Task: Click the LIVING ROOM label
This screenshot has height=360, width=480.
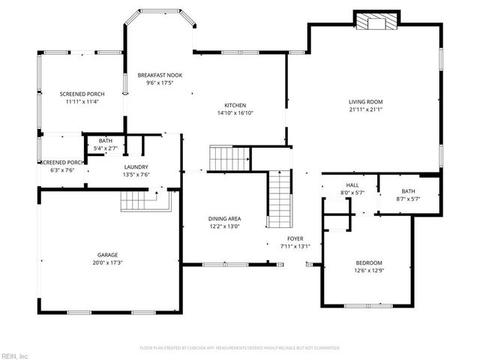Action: (x=365, y=101)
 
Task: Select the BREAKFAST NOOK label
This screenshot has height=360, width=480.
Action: (x=159, y=75)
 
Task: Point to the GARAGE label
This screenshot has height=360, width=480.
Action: (x=106, y=255)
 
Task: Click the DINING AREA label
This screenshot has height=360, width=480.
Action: (x=224, y=219)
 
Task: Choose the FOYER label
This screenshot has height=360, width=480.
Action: (x=295, y=238)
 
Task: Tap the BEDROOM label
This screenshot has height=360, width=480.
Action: (x=369, y=262)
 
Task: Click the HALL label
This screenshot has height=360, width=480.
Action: (x=352, y=185)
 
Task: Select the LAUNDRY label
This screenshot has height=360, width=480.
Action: (x=136, y=167)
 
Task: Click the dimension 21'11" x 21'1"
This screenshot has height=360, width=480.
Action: (x=365, y=109)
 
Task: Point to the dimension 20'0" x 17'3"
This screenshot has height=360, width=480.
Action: (x=106, y=263)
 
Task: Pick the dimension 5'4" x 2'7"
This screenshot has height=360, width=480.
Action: (x=105, y=148)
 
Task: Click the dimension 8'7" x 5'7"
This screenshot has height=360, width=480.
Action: (x=408, y=199)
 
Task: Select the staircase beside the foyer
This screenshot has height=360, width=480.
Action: (x=279, y=198)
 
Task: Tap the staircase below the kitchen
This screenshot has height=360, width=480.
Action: (x=229, y=159)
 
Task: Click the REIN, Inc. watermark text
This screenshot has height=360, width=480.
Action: (x=15, y=355)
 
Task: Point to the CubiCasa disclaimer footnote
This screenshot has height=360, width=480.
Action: (x=240, y=348)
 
